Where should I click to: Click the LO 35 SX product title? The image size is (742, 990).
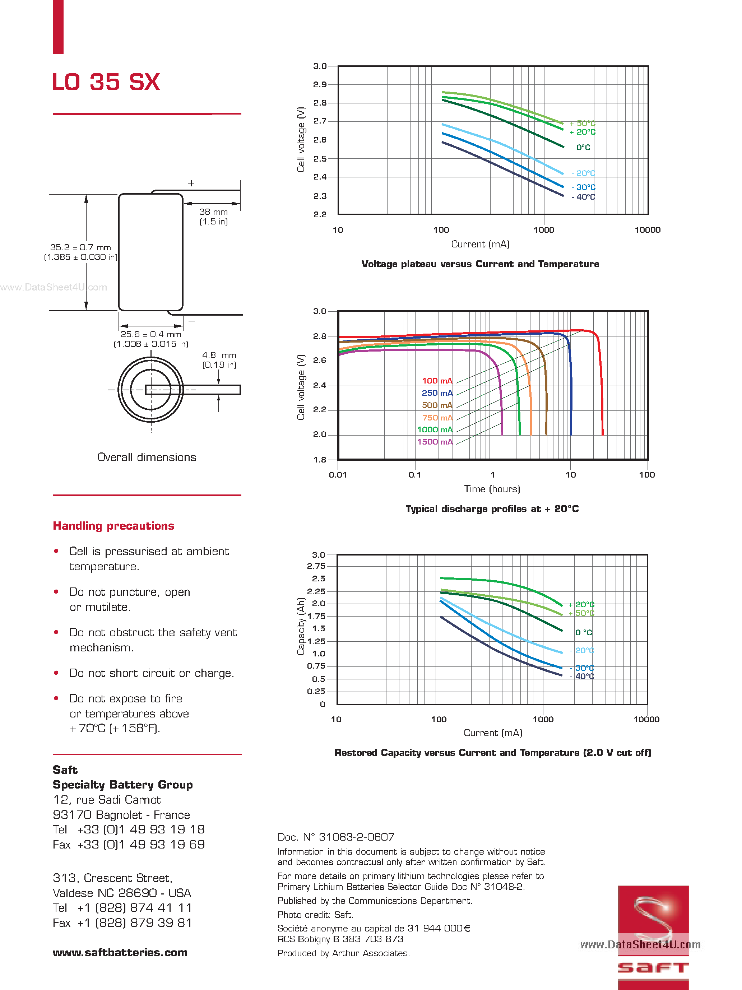tap(106, 82)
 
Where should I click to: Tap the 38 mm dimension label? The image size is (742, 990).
tap(213, 212)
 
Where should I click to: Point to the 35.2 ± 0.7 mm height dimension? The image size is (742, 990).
tap(80, 247)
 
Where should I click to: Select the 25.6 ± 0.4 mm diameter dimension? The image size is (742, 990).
tap(151, 334)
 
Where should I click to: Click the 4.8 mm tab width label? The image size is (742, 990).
tap(219, 355)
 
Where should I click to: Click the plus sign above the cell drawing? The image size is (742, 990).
tap(191, 183)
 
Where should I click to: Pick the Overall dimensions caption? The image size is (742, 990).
tap(147, 457)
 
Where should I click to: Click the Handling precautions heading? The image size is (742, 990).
tap(113, 526)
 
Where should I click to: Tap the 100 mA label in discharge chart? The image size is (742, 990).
tap(437, 381)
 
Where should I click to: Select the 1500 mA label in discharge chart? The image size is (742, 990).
tap(435, 442)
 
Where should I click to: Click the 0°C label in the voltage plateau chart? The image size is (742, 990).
tap(583, 147)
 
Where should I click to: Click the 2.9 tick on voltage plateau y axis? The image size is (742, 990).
tap(320, 85)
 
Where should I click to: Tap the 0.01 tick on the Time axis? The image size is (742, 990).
tap(338, 475)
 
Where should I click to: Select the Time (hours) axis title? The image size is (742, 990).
tap(492, 489)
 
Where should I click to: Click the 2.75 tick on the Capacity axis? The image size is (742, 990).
tap(316, 566)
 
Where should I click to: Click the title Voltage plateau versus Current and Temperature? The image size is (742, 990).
tap(480, 264)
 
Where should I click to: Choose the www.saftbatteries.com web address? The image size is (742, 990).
tap(120, 952)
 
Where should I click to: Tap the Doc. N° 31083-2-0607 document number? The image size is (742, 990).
tap(336, 837)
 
